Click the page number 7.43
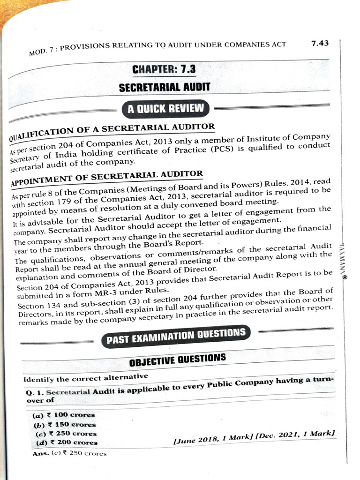319,43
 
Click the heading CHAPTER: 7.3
164,69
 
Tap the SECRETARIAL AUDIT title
164,88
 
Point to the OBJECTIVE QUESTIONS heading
177,358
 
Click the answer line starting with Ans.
69,453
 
